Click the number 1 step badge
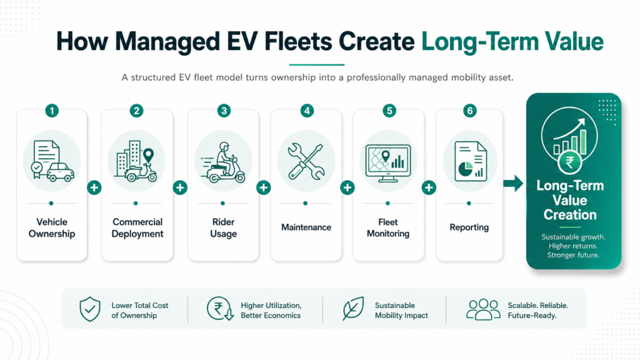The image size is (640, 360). pyautogui.click(x=52, y=111)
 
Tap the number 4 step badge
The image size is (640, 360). pyautogui.click(x=307, y=111)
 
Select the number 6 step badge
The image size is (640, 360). pyautogui.click(x=470, y=111)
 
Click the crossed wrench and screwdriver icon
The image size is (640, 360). pyautogui.click(x=306, y=162)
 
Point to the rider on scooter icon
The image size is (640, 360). pyautogui.click(x=223, y=162)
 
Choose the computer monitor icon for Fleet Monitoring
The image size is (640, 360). pyautogui.click(x=387, y=163)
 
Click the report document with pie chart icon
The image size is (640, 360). pyautogui.click(x=470, y=162)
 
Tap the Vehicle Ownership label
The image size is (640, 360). pyautogui.click(x=52, y=227)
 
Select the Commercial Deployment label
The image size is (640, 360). pyautogui.click(x=137, y=227)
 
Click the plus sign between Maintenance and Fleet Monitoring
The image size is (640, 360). pyautogui.click(x=347, y=187)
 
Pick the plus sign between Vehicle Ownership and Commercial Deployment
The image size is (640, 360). pyautogui.click(x=94, y=187)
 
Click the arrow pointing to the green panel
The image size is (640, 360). pyautogui.click(x=513, y=183)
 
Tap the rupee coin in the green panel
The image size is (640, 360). pyautogui.click(x=570, y=162)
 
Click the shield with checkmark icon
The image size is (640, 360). pyautogui.click(x=90, y=309)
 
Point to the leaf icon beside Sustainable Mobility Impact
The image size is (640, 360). pyautogui.click(x=353, y=308)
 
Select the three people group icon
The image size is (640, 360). pyautogui.click(x=483, y=309)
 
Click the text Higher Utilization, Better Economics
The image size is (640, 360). pyautogui.click(x=271, y=310)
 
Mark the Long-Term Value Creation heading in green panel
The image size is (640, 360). pyautogui.click(x=570, y=200)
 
